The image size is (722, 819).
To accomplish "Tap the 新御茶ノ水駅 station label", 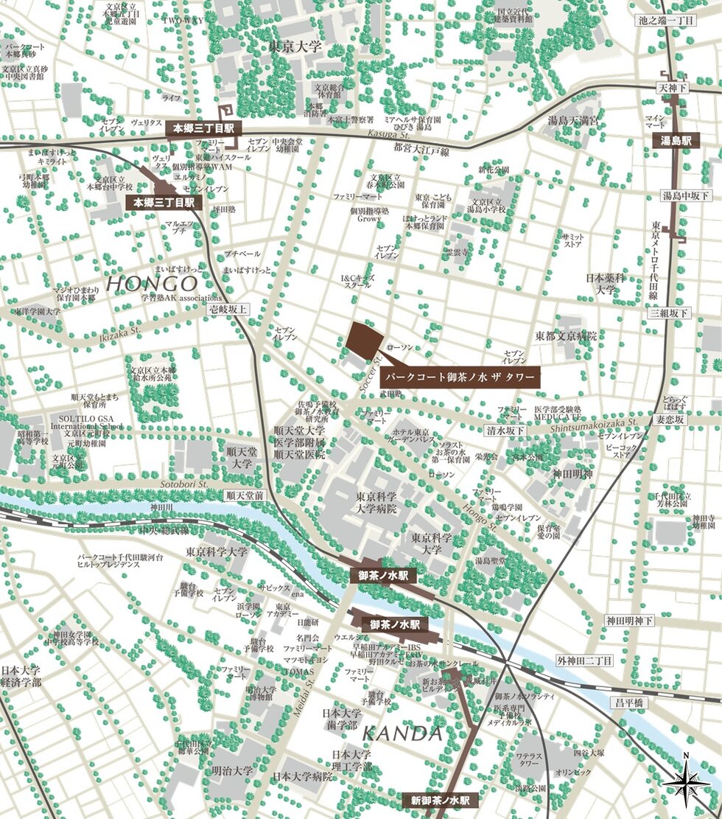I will pyautogui.click(x=441, y=800).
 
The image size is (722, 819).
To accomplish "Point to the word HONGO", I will pyautogui.click(x=152, y=283).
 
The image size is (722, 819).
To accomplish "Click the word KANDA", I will pyautogui.click(x=402, y=733).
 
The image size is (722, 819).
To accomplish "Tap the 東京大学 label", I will pyautogui.click(x=295, y=47).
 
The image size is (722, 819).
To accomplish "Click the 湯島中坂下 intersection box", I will pyautogui.click(x=686, y=195).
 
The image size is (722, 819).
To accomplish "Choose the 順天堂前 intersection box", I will pyautogui.click(x=245, y=496).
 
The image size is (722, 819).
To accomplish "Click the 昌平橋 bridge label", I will pyautogui.click(x=630, y=703).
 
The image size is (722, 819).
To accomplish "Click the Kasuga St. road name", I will pyautogui.click(x=385, y=134).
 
